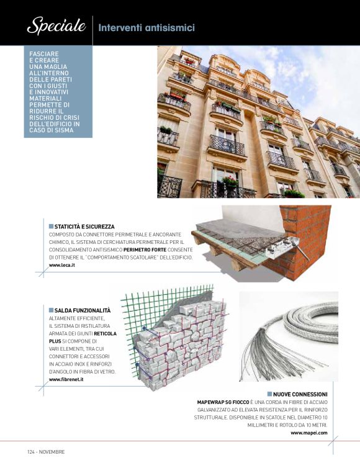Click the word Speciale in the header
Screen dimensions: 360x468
pos(55,26)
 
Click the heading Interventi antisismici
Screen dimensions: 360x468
pos(146,28)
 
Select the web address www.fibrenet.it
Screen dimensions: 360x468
pos(66,379)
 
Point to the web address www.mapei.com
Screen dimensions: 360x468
pos(309,433)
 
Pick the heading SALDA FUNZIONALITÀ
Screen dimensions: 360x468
pos(83,310)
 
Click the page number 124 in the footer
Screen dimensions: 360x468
pos(31,452)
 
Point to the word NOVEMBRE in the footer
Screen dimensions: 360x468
pos(52,452)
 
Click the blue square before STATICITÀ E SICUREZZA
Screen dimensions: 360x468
pos(51,227)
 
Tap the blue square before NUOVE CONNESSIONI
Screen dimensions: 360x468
pos(269,394)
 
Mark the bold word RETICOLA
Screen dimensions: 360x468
pos(105,333)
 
